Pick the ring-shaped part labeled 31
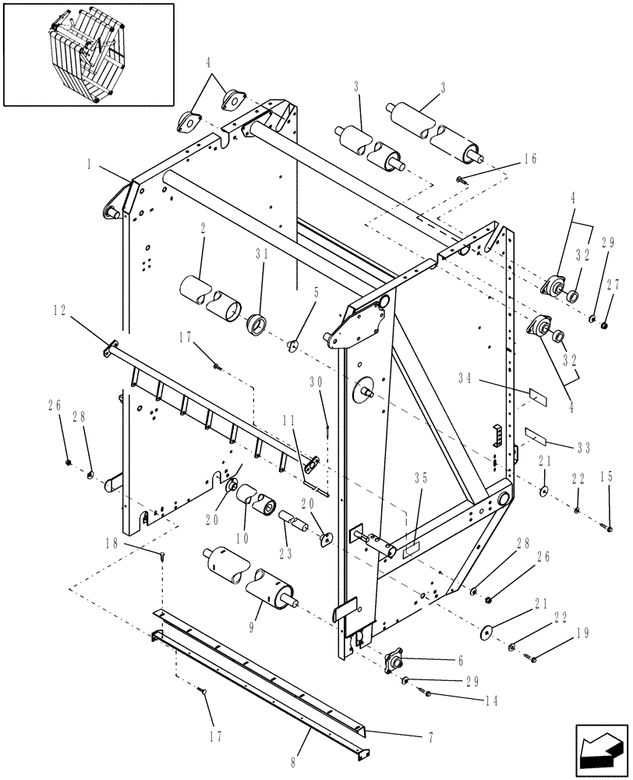pos(256,323)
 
